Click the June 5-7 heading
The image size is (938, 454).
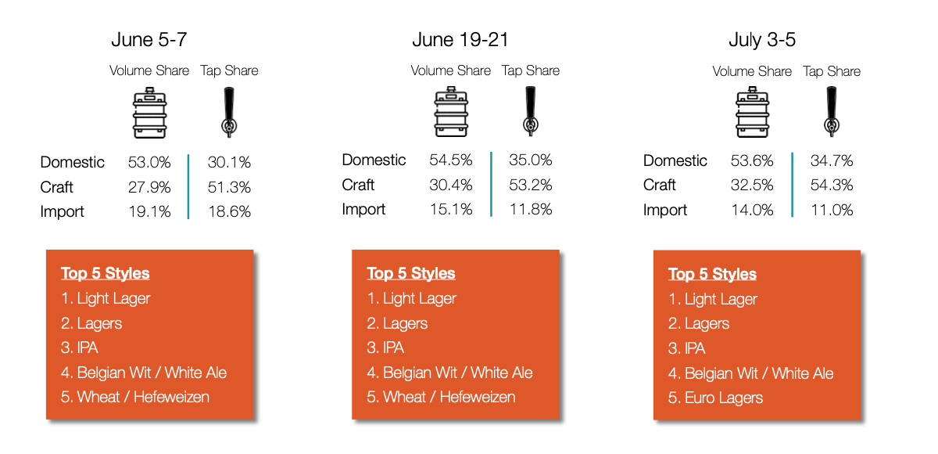click(149, 40)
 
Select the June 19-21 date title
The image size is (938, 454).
click(460, 40)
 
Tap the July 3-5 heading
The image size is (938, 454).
click(762, 40)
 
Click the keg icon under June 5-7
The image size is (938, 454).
click(149, 113)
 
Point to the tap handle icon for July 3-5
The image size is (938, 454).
click(832, 111)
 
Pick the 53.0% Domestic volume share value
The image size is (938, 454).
click(149, 162)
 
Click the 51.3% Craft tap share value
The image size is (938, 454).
click(229, 187)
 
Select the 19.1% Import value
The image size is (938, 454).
click(149, 211)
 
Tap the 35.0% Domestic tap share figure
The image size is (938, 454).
click(531, 160)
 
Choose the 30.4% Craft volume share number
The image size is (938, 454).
click(450, 185)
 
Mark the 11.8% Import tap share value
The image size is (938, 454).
click(531, 209)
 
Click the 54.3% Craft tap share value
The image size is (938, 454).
click(832, 185)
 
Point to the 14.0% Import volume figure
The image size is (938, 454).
click(752, 210)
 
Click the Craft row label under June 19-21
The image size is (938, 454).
click(358, 185)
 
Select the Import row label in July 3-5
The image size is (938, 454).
click(665, 210)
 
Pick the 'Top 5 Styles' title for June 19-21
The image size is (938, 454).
click(411, 273)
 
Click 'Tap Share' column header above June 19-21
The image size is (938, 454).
click(531, 70)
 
